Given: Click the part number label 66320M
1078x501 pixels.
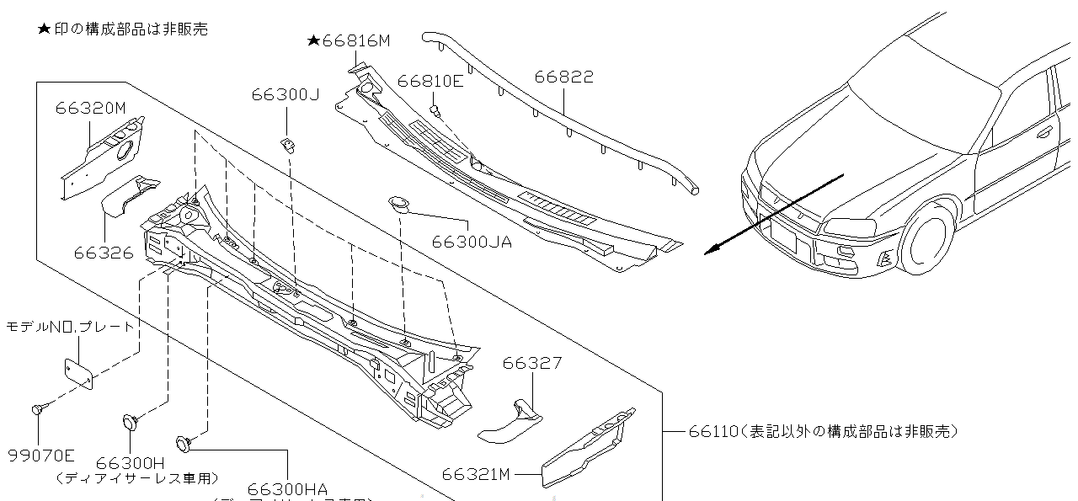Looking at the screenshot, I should click(x=90, y=108).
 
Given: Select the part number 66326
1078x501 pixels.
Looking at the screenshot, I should click(x=103, y=252).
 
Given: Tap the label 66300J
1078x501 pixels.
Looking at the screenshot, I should click(x=285, y=95).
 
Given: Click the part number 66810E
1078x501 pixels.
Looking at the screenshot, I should click(x=430, y=81).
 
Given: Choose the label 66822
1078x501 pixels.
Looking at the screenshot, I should click(x=563, y=77).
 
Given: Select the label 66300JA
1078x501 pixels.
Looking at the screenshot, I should click(x=471, y=242).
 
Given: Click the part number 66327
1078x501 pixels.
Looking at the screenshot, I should click(x=531, y=363).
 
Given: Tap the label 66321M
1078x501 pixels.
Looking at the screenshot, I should click(x=476, y=474).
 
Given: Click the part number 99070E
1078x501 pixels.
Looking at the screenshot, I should click(x=41, y=456).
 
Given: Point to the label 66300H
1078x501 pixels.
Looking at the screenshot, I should click(x=130, y=463).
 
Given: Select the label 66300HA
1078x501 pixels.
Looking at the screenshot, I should click(x=287, y=489).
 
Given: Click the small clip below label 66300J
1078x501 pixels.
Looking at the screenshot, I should click(x=288, y=145).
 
